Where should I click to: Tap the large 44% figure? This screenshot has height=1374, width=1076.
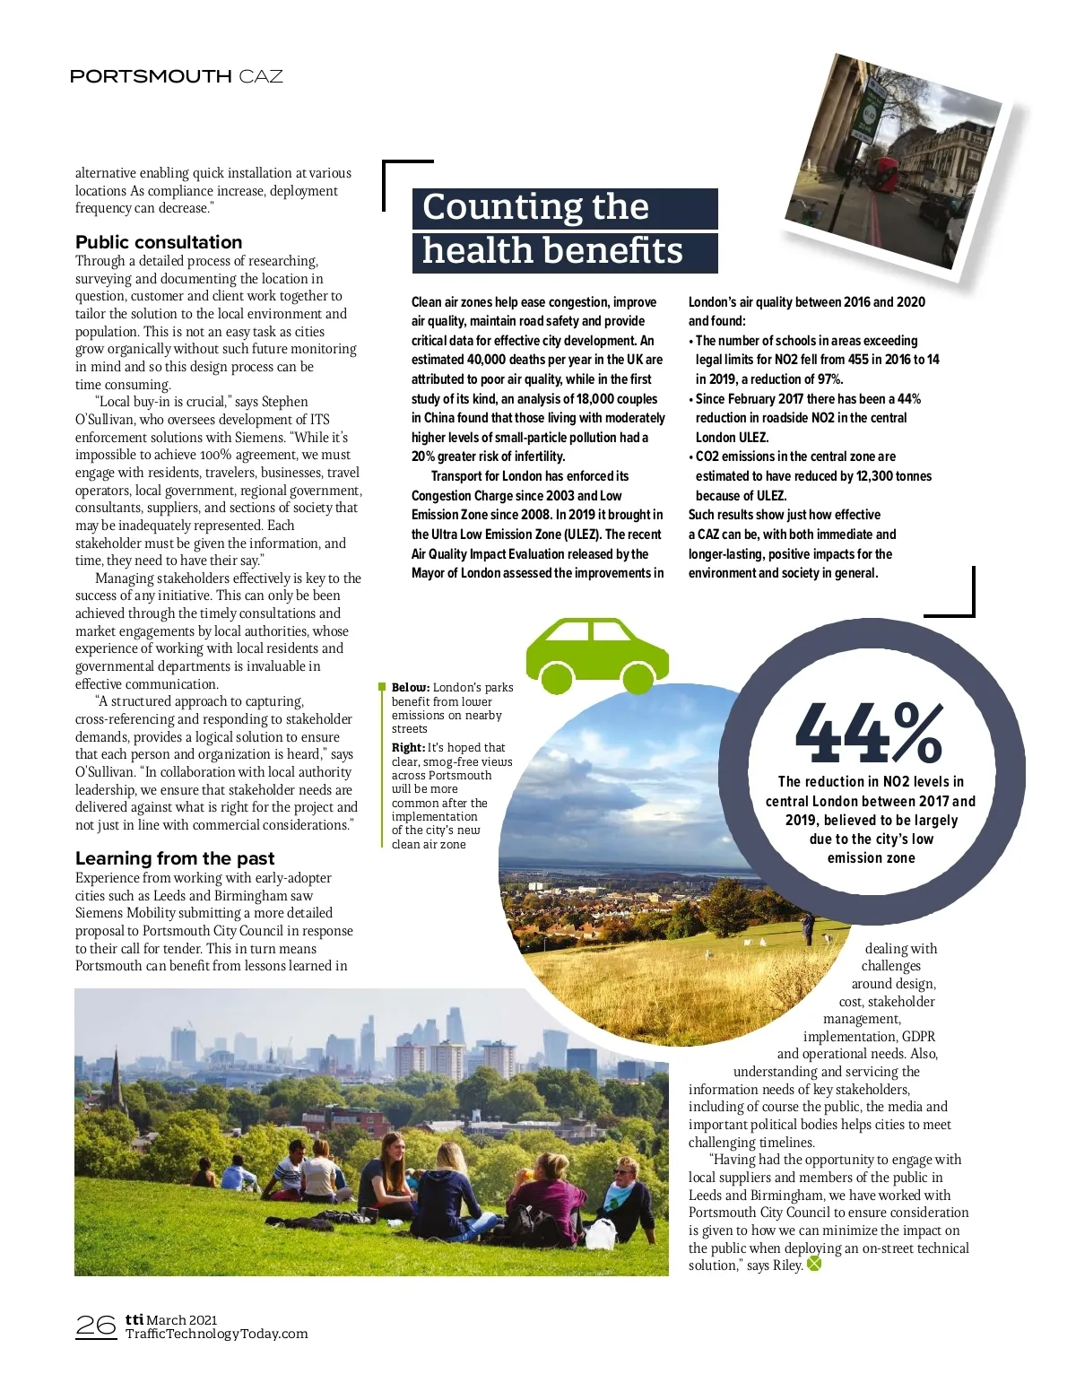point(869,733)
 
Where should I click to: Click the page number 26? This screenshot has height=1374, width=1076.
point(96,1326)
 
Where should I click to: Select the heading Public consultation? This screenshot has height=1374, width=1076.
point(159,242)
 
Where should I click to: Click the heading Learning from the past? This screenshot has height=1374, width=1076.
point(175,858)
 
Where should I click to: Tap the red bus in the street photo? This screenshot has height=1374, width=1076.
point(886,175)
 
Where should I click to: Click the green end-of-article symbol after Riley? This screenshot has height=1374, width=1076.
point(814,1265)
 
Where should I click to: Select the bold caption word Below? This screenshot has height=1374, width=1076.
point(411,688)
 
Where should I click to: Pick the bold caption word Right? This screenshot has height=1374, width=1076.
point(408,748)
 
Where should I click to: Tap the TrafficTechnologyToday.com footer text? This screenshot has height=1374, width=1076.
point(216,1334)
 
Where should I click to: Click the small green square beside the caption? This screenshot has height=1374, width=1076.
point(382,688)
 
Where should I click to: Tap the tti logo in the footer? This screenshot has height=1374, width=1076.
point(134,1319)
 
